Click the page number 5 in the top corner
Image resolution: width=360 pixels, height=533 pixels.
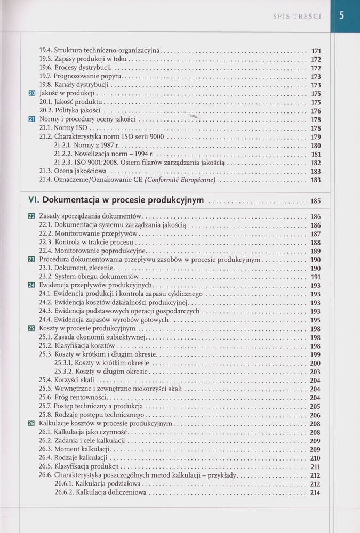pyautogui.click(x=342, y=16)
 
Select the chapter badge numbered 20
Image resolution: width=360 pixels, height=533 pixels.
pyautogui.click(x=31, y=94)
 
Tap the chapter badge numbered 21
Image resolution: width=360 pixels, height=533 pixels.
pyautogui.click(x=31, y=119)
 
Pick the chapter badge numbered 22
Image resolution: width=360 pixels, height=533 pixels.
pyautogui.click(x=31, y=217)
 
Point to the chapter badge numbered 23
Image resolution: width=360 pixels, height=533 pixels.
pyautogui.click(x=31, y=260)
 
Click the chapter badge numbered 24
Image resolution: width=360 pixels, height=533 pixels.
pyautogui.click(x=31, y=286)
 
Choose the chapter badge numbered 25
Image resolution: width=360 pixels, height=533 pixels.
pyautogui.click(x=31, y=328)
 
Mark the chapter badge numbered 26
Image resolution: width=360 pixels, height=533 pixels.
pyautogui.click(x=31, y=423)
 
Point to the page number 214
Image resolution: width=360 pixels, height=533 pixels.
pyautogui.click(x=315, y=493)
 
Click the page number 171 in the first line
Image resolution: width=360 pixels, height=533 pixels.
pyautogui.click(x=316, y=51)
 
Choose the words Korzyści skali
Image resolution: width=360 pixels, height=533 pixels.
pyautogui.click(x=74, y=380)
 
